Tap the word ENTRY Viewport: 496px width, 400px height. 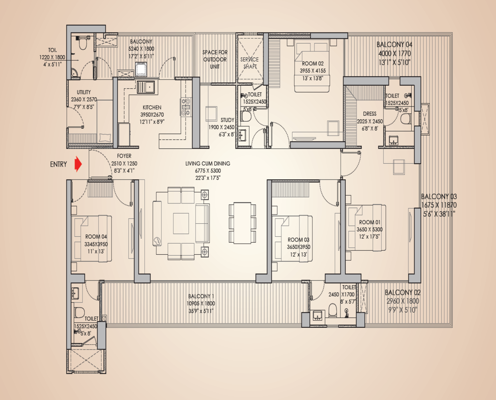[59, 165]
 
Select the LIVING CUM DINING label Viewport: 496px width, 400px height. [208, 164]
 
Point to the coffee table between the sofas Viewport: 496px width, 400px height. [181, 223]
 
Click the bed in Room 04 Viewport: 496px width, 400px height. [92, 239]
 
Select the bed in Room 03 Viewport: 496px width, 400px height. [292, 239]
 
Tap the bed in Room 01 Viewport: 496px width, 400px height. [366, 228]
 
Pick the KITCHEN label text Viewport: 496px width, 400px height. [152, 108]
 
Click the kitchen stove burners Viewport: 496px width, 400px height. [186, 107]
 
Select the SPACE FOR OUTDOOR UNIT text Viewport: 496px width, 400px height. [215, 59]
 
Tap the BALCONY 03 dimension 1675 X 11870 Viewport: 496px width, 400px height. [439, 205]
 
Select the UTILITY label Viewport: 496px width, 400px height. [80, 92]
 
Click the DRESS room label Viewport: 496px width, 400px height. [369, 114]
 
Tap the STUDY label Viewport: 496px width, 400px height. [227, 120]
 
